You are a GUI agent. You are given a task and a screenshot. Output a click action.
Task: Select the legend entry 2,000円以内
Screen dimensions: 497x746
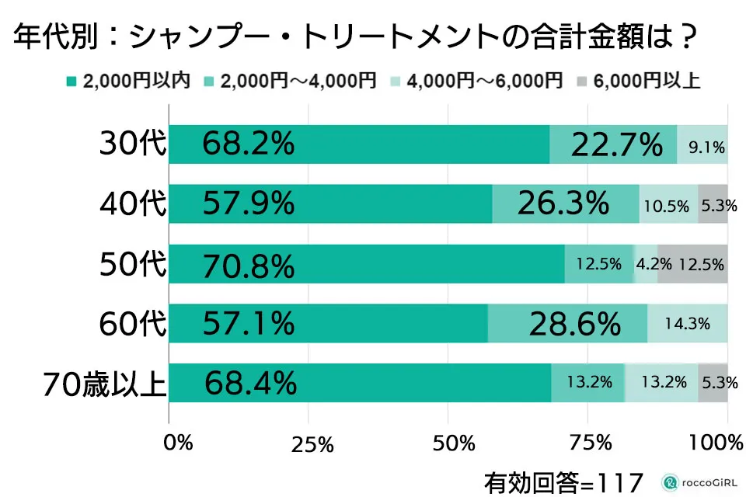pyautogui.click(x=129, y=81)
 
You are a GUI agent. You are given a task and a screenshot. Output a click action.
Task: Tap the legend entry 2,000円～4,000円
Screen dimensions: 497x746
pyautogui.click(x=291, y=81)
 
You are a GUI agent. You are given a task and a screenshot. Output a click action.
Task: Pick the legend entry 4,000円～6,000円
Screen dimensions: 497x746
pyautogui.click(x=477, y=81)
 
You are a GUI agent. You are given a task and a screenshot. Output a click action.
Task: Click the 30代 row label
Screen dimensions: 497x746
pyautogui.click(x=133, y=144)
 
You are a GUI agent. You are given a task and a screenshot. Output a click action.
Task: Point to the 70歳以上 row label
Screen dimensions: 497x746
pyautogui.click(x=105, y=384)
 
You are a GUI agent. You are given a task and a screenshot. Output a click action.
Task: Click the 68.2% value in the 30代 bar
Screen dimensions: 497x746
pyautogui.click(x=249, y=144)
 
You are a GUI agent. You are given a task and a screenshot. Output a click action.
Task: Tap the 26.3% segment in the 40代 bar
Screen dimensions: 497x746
pyautogui.click(x=563, y=204)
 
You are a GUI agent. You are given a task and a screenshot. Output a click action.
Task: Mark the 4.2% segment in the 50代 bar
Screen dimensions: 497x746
pyautogui.click(x=647, y=264)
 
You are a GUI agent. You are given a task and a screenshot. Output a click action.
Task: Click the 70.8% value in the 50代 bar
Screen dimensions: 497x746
pyautogui.click(x=249, y=265)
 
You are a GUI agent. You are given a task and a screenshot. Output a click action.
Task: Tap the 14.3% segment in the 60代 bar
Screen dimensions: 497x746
pyautogui.click(x=687, y=324)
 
